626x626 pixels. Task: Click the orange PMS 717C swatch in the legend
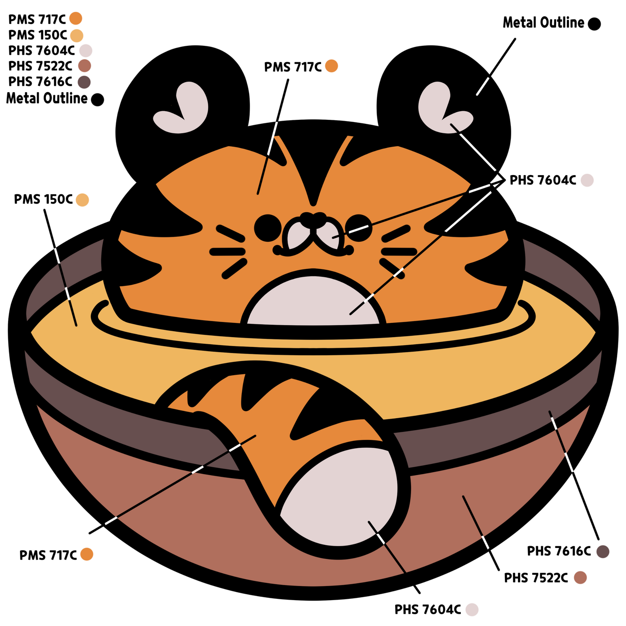click(x=76, y=19)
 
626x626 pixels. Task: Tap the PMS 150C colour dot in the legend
click(x=77, y=35)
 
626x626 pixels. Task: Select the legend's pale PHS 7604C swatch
click(x=86, y=50)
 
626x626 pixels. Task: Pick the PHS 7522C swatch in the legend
click(x=84, y=66)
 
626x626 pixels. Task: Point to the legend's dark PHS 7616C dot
click(x=84, y=82)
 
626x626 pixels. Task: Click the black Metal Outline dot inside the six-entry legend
click(x=98, y=99)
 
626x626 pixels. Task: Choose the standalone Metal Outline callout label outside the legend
click(x=553, y=23)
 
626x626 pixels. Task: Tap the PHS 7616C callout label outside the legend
click(x=566, y=551)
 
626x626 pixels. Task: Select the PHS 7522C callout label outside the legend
click(x=546, y=577)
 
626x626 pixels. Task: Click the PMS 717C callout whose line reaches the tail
click(x=58, y=555)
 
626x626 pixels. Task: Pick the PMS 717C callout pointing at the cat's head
click(x=302, y=66)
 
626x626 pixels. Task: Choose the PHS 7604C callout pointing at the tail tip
click(x=438, y=609)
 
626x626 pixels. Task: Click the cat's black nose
click(x=313, y=220)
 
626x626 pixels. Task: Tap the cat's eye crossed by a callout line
click(x=358, y=227)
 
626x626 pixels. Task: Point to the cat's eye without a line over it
click(x=268, y=228)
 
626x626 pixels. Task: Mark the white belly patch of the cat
click(x=313, y=302)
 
